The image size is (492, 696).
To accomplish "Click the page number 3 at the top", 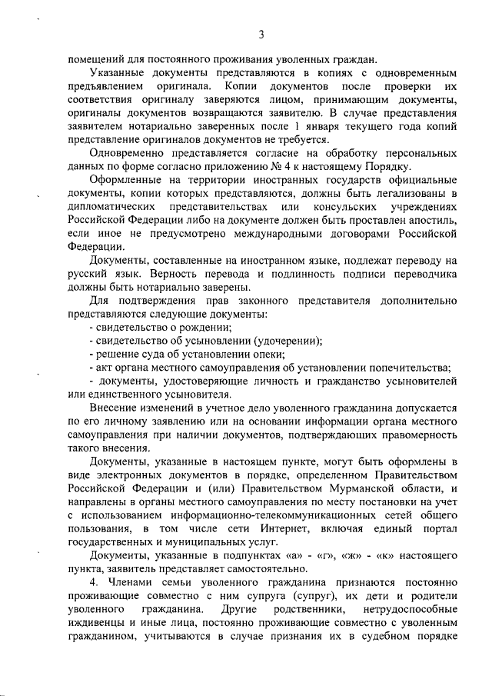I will coord(261,35).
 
